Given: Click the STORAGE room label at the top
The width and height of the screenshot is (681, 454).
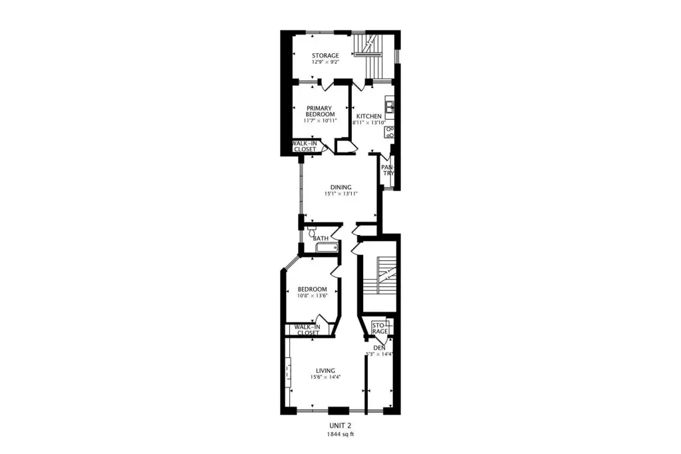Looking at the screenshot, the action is coord(325,56).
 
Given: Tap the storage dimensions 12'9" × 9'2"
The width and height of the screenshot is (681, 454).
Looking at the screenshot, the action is coord(325,62).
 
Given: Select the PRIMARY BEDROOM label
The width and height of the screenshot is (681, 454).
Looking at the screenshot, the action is coord(320,111).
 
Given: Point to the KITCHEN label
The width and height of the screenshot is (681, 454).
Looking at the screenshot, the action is coord(369,116).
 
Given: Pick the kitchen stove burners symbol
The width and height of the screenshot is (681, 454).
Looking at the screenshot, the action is coord(389,132).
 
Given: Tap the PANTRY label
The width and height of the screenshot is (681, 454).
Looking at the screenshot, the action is coord(388,170).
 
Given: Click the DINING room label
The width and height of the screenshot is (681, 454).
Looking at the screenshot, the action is coord(341,188).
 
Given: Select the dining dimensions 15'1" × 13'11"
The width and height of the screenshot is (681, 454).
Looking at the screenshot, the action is coord(341,194).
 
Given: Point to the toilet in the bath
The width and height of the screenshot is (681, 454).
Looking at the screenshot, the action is coord(311,232).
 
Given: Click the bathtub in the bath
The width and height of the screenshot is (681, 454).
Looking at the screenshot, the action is coord(327,248).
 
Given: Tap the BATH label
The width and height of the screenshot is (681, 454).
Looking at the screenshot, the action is coord(321,238).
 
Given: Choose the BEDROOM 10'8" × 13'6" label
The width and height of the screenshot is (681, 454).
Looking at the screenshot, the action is coord(313,292).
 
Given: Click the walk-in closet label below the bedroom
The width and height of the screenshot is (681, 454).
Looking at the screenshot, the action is coord(307,330).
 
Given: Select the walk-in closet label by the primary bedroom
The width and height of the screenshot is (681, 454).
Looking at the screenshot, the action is coord(305,146).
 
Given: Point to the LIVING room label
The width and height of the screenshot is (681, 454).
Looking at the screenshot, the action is coord(325,371).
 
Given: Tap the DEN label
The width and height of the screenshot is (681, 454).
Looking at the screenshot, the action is coord(380,348).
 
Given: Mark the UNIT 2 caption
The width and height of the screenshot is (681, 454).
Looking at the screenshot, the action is coord(340,426).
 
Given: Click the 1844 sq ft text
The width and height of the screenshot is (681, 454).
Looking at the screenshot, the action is coord(340,434).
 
